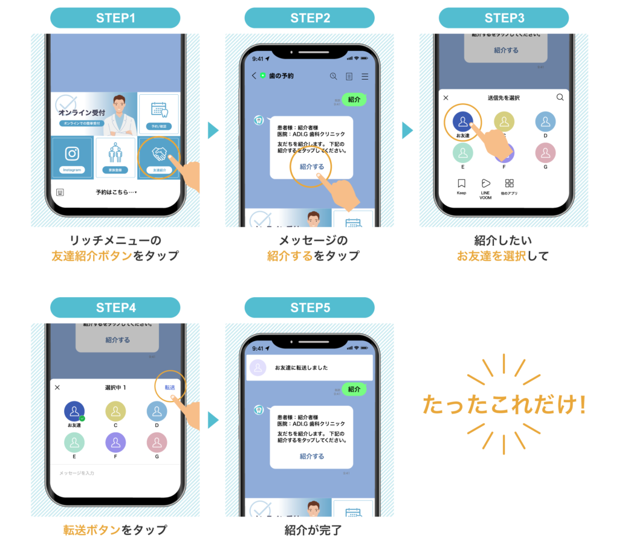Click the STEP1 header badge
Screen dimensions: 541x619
pyautogui.click(x=115, y=18)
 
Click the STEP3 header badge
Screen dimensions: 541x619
pyautogui.click(x=504, y=18)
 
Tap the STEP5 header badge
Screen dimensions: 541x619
pyautogui.click(x=309, y=308)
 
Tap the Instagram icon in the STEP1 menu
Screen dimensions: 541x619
pyautogui.click(x=72, y=154)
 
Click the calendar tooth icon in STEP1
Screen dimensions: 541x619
pyautogui.click(x=159, y=110)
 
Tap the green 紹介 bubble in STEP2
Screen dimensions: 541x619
pyautogui.click(x=354, y=100)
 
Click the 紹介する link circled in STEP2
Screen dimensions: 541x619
pyautogui.click(x=311, y=167)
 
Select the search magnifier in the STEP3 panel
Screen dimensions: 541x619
pyautogui.click(x=560, y=97)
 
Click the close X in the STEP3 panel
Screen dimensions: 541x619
pyautogui.click(x=446, y=98)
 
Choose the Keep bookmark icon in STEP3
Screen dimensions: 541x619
pyautogui.click(x=461, y=183)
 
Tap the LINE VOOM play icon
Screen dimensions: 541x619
pyautogui.click(x=485, y=183)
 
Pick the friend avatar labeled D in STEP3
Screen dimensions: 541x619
pyautogui.click(x=545, y=122)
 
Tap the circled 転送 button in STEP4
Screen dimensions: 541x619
pyautogui.click(x=170, y=387)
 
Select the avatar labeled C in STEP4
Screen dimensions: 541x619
pyautogui.click(x=115, y=412)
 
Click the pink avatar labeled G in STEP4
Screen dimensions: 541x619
pyautogui.click(x=157, y=443)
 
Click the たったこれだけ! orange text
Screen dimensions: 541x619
pyautogui.click(x=504, y=405)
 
